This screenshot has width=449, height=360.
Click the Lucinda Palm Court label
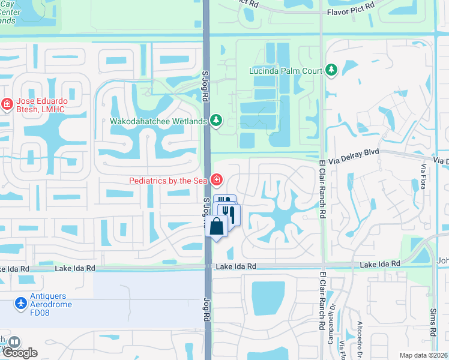286,71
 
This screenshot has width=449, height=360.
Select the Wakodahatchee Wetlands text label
158,121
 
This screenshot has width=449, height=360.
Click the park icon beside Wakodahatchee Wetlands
216,121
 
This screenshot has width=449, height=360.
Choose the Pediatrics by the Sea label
168,180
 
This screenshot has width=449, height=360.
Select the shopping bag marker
217,226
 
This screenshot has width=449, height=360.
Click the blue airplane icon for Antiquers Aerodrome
22,304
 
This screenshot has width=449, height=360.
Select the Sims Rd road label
432,323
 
